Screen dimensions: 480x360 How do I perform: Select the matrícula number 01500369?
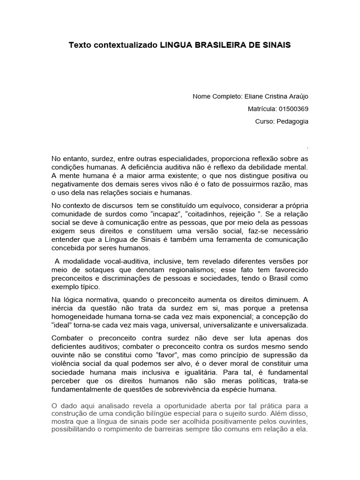[293, 109]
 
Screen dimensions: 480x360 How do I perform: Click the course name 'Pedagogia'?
[295, 121]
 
